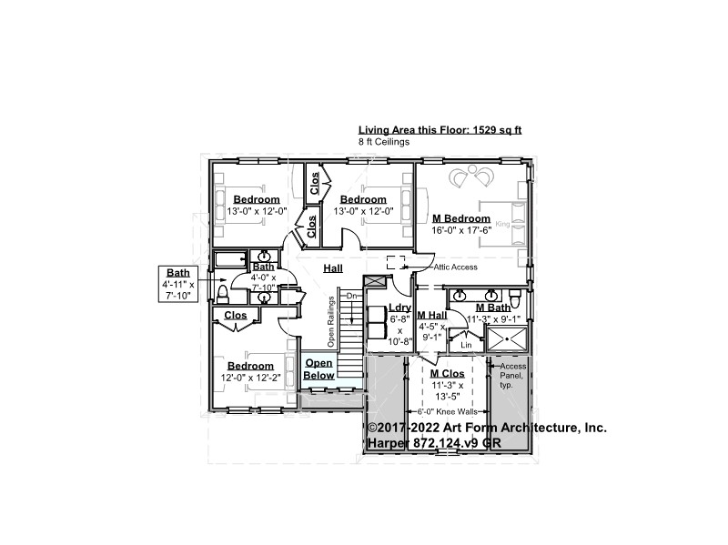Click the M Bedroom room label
click(461, 218)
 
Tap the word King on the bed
click(502, 224)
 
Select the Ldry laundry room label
click(399, 308)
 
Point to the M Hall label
click(431, 315)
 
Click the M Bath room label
click(493, 308)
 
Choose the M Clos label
click(447, 374)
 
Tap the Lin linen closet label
click(466, 345)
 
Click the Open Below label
click(319, 369)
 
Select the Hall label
click(333, 268)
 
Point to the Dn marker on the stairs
click(351, 296)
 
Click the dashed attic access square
click(396, 262)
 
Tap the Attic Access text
click(456, 267)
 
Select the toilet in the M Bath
click(515, 296)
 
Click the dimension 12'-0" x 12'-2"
click(251, 378)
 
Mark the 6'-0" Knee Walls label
click(448, 412)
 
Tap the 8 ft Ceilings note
click(384, 142)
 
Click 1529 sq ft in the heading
click(497, 130)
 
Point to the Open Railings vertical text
click(331, 322)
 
